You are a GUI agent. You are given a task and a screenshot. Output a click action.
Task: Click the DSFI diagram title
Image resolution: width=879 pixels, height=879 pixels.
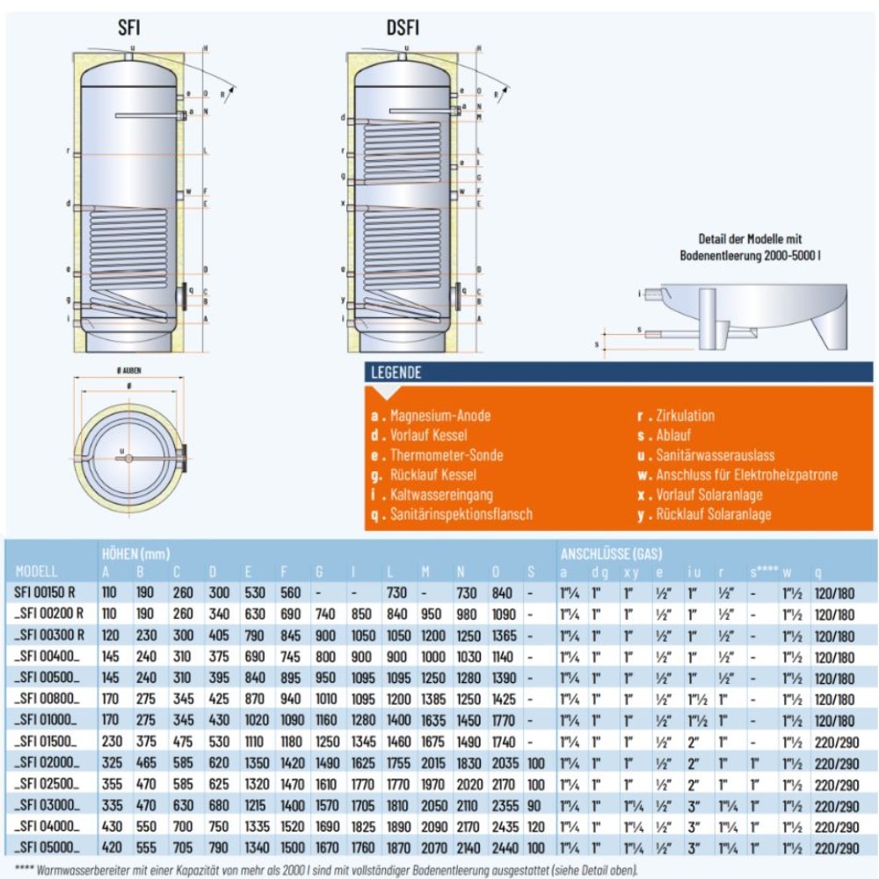pos(403,27)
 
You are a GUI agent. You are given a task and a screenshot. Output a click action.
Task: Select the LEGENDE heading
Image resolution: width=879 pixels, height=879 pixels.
pos(396,372)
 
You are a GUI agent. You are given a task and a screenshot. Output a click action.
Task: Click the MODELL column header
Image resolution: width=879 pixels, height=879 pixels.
pos(37,571)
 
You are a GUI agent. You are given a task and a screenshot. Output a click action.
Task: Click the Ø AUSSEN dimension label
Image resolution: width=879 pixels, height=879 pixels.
pos(129,373)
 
